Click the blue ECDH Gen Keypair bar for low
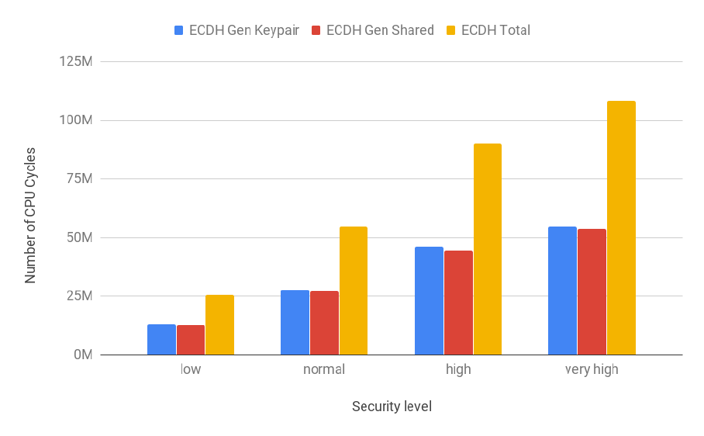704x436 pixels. pos(161,340)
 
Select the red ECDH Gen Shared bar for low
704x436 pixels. pos(191,340)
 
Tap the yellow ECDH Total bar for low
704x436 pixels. pos(219,324)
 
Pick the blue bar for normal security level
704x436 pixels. pos(295,323)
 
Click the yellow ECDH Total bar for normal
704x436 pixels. pos(354,290)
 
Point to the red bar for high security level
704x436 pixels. pos(458,303)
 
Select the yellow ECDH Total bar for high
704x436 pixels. pos(488,249)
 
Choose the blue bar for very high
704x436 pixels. pos(562,290)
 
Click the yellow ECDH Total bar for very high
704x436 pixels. pos(621,227)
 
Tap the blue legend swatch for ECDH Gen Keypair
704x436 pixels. pos(178,30)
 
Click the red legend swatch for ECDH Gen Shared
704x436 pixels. pos(316,30)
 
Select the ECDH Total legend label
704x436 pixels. pos(495,30)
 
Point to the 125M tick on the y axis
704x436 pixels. pos(76,61)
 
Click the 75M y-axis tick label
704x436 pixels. pos(79,178)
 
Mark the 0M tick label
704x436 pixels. pos(83,355)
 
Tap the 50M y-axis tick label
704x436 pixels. pos(79,237)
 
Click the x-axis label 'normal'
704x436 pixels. pos(324,369)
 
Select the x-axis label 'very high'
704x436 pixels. pos(592,370)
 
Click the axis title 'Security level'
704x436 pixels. pos(392,407)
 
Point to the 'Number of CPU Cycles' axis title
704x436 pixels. pos(30,216)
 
